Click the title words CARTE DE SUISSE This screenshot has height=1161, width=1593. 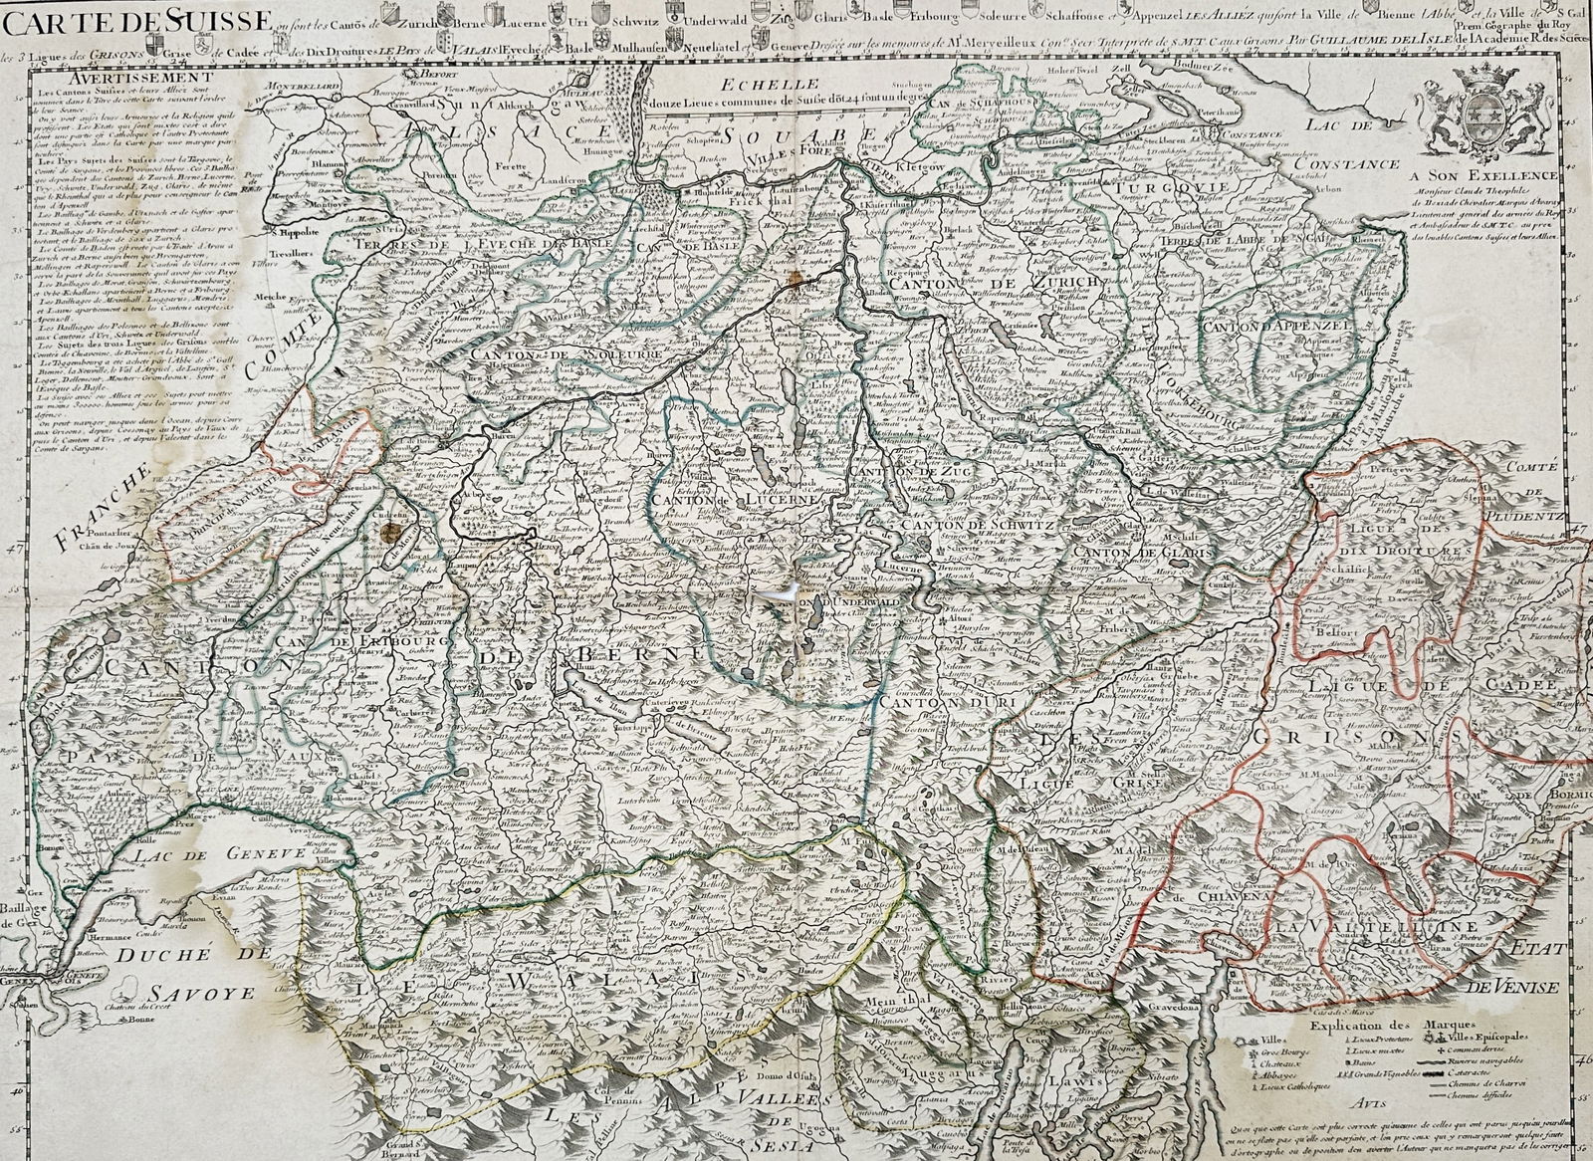pos(139,15)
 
